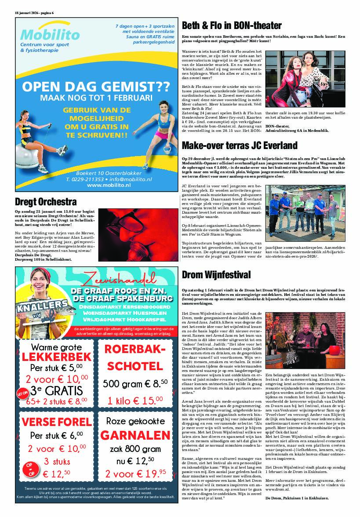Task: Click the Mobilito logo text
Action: click(x=50, y=35)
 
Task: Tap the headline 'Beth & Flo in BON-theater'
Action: click(x=232, y=25)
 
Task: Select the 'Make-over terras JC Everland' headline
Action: click(x=240, y=145)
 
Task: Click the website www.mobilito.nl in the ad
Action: click(x=109, y=186)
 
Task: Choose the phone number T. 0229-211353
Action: click(x=85, y=179)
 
